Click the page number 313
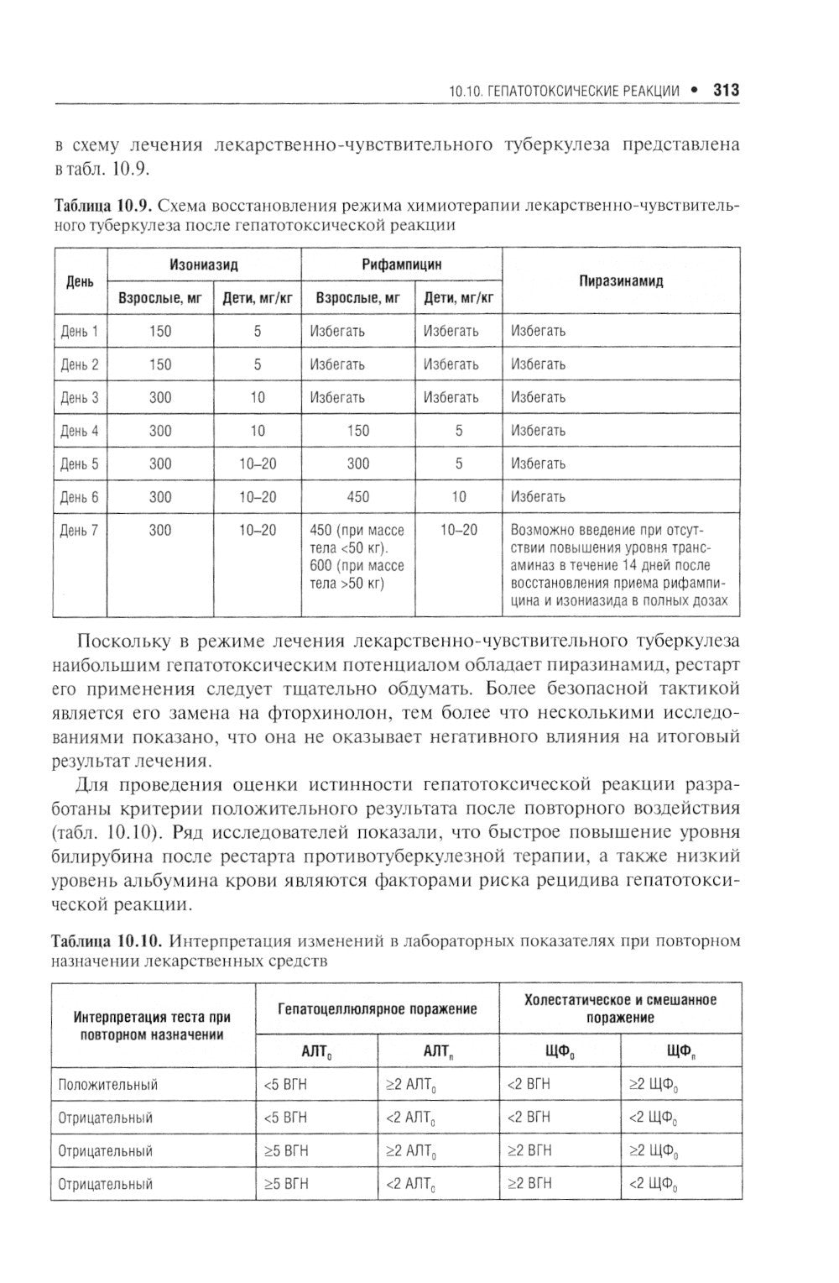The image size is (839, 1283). click(726, 90)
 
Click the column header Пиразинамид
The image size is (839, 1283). click(621, 281)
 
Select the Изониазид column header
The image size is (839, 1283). click(204, 264)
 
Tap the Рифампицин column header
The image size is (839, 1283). click(401, 264)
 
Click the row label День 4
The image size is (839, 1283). click(80, 431)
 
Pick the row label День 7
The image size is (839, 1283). click(80, 531)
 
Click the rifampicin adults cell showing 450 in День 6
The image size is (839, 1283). click(357, 497)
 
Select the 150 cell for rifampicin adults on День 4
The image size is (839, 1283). click(357, 431)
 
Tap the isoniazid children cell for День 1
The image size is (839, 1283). click(258, 331)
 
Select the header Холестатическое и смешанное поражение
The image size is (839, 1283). click(620, 1008)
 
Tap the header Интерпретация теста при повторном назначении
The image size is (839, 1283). click(153, 1025)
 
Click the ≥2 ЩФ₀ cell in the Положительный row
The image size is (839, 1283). click(654, 1085)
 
